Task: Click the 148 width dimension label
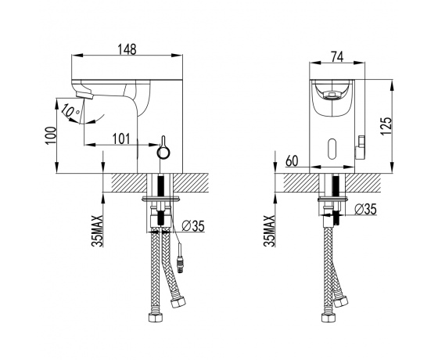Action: tap(127, 49)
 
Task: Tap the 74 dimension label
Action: tap(337, 57)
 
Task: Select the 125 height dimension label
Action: tap(386, 126)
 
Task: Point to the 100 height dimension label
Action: tap(50, 135)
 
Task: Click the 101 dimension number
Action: tap(121, 139)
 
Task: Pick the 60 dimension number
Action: tap(293, 160)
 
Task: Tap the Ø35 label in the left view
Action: tap(193, 226)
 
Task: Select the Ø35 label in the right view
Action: tap(366, 209)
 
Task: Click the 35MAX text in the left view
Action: tap(98, 231)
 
